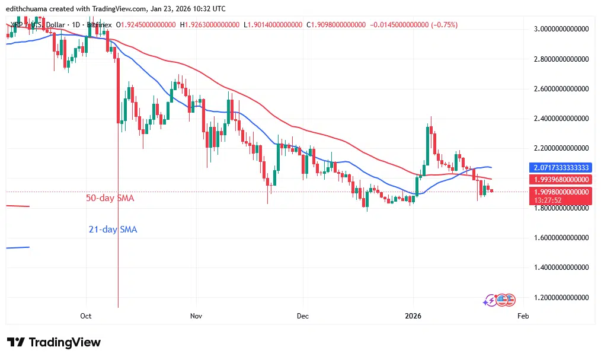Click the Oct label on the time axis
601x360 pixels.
(86, 316)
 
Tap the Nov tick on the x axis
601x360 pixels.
(196, 316)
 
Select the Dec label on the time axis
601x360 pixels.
(302, 316)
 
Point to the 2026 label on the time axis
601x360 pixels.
(414, 316)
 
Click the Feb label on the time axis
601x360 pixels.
(523, 316)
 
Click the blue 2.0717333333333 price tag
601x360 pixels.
(560, 167)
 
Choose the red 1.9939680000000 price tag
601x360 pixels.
(560, 179)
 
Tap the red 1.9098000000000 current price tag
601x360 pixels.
(560, 192)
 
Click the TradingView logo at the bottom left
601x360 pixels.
(54, 342)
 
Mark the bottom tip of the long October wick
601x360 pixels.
(119, 307)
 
